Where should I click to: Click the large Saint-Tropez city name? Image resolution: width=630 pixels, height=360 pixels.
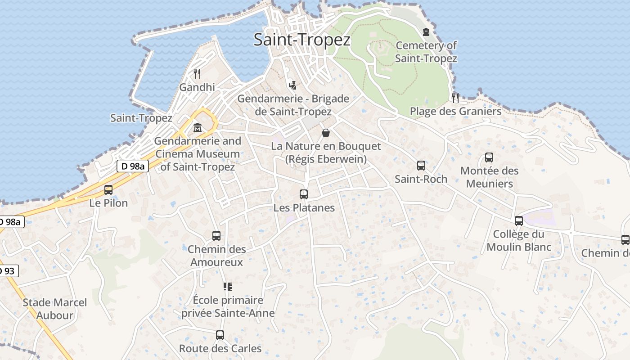point(302,40)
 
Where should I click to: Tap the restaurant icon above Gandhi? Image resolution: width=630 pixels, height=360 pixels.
point(197,73)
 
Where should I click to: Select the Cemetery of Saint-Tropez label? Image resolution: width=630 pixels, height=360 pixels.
point(426,52)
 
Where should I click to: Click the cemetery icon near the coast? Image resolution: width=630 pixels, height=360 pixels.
point(426,31)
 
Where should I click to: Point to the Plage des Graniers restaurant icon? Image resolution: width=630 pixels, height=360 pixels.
point(455,98)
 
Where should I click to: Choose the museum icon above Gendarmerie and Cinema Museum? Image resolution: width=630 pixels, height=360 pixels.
point(197,128)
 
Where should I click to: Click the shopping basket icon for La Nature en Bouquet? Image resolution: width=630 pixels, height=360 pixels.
point(326,133)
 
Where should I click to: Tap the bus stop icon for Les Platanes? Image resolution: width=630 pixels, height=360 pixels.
point(304,194)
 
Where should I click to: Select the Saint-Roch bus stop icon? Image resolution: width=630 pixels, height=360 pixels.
point(421,166)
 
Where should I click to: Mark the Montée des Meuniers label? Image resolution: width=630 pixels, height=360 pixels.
point(489,177)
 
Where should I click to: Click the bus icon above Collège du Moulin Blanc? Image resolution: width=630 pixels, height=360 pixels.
point(519,221)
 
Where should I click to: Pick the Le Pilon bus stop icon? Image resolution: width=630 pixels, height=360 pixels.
point(108,190)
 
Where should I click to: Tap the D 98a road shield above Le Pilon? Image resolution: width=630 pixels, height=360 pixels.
point(133,166)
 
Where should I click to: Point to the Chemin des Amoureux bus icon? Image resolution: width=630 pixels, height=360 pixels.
point(216,236)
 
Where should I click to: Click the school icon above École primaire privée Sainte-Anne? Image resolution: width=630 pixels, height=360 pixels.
point(228,287)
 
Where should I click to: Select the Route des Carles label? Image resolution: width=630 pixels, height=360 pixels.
point(220,348)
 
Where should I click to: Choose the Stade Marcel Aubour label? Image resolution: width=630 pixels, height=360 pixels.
point(55,309)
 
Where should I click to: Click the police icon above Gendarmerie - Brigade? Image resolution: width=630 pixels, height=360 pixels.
point(293,85)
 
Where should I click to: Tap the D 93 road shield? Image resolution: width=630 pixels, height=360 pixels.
point(8,271)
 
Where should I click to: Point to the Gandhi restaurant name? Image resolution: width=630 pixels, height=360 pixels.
point(197,87)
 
